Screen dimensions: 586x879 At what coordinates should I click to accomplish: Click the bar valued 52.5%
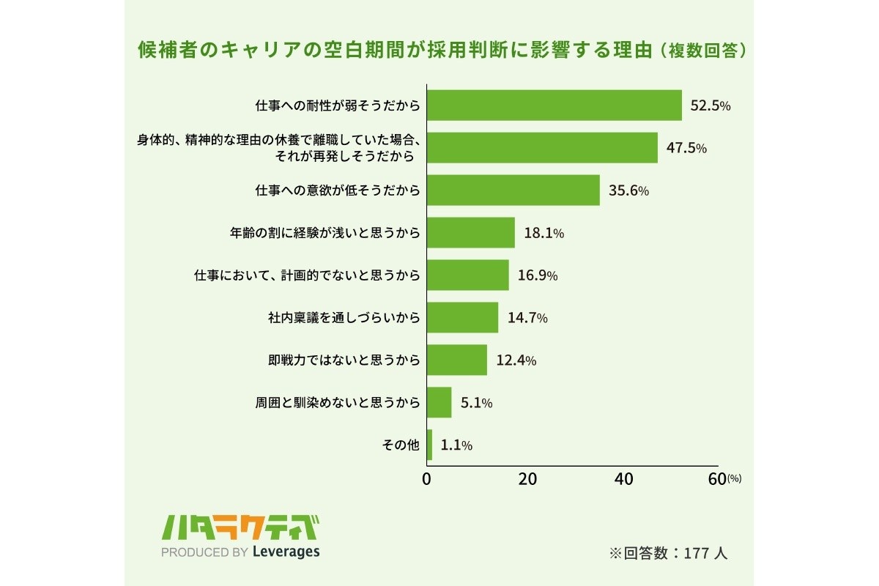click(554, 105)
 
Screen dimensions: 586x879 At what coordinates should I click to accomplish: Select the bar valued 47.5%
click(542, 148)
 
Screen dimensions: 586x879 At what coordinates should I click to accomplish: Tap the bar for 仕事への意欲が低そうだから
click(513, 190)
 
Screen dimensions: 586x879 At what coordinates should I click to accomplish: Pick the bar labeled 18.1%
click(470, 233)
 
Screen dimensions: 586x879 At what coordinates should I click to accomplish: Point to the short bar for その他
click(429, 445)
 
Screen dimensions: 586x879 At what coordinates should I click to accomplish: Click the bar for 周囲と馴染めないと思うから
click(439, 402)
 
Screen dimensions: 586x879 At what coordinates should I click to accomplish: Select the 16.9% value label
click(538, 275)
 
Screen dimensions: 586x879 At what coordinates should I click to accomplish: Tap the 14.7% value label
click(527, 318)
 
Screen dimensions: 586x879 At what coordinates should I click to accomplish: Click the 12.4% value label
click(516, 360)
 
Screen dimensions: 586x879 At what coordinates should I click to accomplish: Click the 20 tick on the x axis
click(527, 479)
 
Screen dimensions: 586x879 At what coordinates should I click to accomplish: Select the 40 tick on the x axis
click(623, 479)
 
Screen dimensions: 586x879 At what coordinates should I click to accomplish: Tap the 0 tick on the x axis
click(427, 479)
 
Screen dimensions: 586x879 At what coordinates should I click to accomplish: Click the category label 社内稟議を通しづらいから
click(344, 318)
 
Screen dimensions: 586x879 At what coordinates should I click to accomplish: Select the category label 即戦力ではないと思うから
click(344, 360)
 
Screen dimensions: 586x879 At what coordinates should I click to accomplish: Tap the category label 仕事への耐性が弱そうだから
click(338, 105)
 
